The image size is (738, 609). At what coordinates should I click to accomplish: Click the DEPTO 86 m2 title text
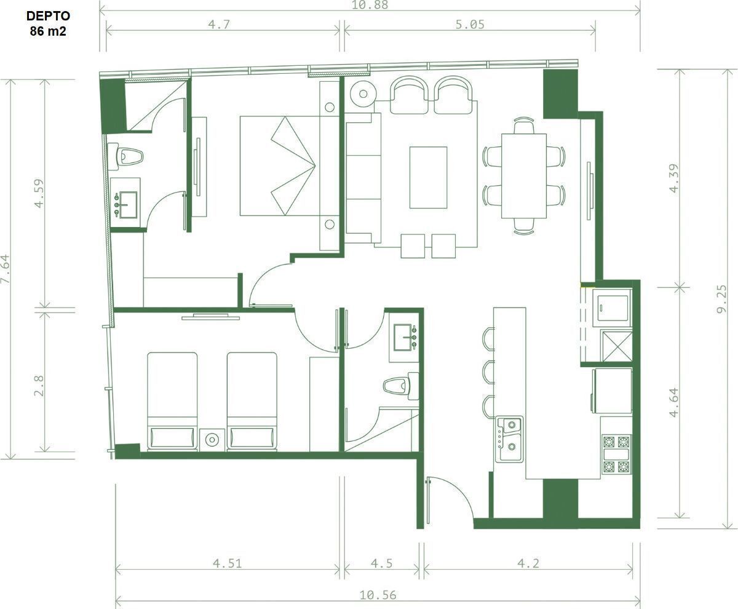[48, 24]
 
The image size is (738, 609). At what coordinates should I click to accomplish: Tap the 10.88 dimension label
[370, 4]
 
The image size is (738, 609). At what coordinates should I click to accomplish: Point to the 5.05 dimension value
[470, 25]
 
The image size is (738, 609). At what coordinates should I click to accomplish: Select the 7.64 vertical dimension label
[6, 269]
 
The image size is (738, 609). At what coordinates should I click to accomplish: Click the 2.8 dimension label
[39, 386]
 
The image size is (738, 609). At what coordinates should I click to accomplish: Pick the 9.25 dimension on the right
[722, 299]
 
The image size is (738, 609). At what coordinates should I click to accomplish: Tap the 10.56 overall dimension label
[378, 595]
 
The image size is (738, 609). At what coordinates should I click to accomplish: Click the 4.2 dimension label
[528, 563]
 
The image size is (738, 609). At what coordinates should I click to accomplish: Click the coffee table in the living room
[429, 178]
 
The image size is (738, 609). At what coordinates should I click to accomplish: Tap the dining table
[524, 176]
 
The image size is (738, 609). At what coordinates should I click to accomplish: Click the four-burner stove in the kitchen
[616, 455]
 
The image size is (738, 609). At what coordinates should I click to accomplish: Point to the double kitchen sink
[509, 439]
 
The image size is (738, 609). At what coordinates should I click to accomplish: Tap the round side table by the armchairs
[363, 94]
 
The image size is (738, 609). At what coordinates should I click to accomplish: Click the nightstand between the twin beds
[212, 440]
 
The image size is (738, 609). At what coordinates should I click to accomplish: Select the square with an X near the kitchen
[617, 346]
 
